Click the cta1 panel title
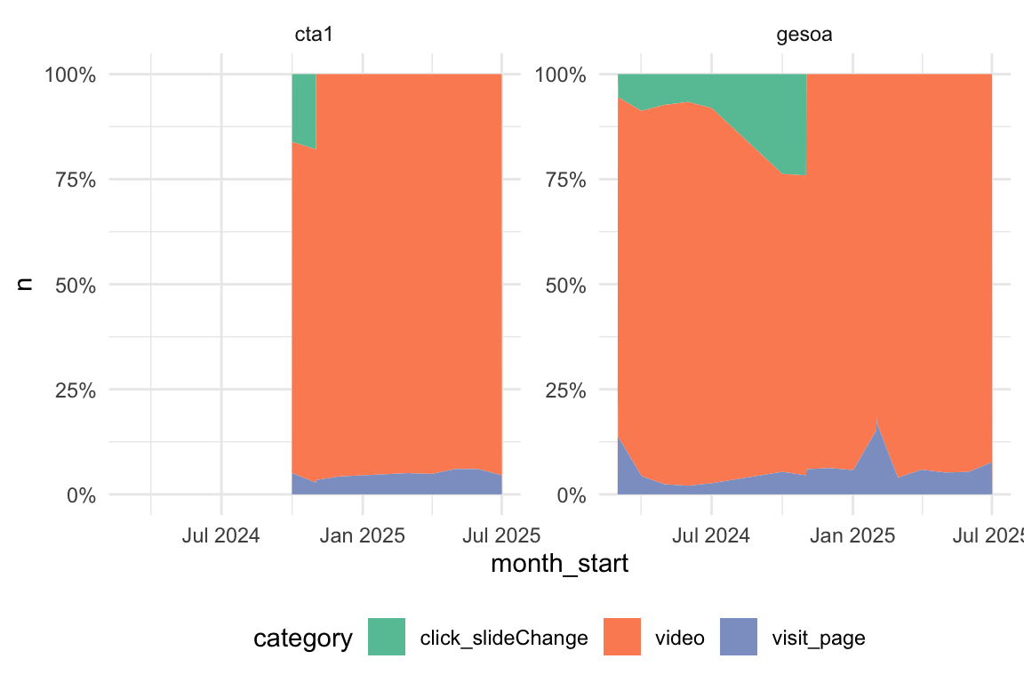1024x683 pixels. click(x=307, y=35)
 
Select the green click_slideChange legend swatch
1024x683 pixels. click(x=387, y=638)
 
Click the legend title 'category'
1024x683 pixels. click(x=303, y=639)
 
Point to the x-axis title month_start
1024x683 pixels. click(x=560, y=565)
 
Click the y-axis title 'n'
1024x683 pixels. click(x=25, y=284)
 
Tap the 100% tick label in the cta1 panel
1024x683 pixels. click(x=70, y=74)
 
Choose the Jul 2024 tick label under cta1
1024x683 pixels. click(x=221, y=536)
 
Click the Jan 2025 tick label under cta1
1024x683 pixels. click(x=363, y=536)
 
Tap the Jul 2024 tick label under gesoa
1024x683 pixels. click(x=712, y=536)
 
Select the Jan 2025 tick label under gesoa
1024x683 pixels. click(x=852, y=536)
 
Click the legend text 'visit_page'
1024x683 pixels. click(x=819, y=639)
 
